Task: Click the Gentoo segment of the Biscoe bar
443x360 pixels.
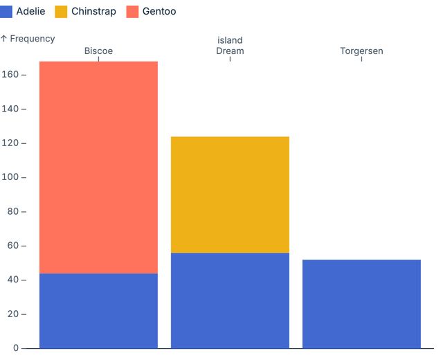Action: (98, 167)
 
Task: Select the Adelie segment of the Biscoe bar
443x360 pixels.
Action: (98, 311)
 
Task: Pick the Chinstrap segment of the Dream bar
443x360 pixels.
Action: (230, 195)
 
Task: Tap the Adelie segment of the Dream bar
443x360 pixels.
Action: (230, 300)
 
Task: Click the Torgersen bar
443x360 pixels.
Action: (361, 304)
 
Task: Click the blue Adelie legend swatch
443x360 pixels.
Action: (6, 12)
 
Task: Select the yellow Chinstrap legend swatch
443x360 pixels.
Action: (61, 12)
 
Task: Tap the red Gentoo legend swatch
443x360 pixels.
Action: (132, 12)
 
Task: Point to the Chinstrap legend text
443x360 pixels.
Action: (93, 12)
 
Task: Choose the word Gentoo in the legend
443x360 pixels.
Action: (159, 12)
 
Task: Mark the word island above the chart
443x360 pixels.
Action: (230, 40)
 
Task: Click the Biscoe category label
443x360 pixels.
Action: (98, 51)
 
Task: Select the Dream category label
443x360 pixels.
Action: (230, 51)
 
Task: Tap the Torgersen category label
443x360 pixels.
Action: (361, 51)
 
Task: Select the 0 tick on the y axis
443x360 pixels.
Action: (16, 348)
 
